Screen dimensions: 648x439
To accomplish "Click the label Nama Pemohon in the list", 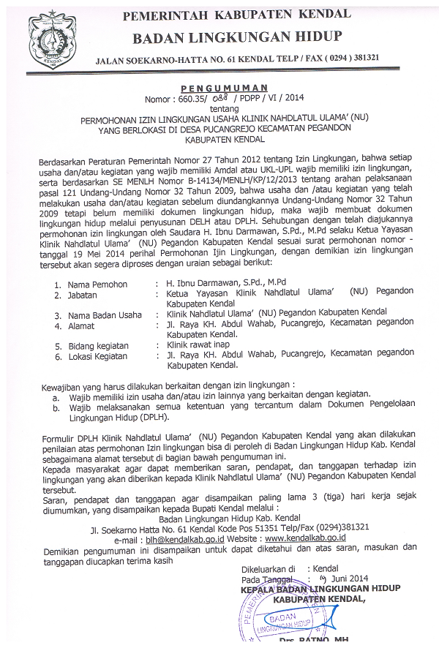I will pos(97,285).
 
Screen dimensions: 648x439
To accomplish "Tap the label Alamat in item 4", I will pos(81,325).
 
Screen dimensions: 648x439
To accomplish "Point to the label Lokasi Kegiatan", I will pos(100,356).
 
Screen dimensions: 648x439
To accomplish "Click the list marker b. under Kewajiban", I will pos(56,403).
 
